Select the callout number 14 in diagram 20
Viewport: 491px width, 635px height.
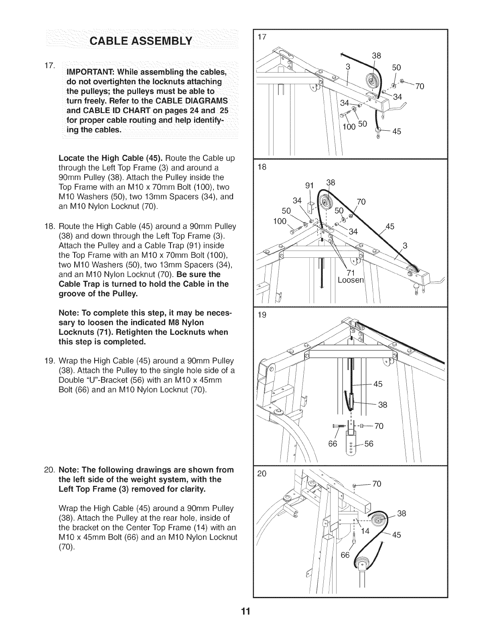[366, 532]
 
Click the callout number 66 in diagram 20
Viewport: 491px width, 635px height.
[345, 555]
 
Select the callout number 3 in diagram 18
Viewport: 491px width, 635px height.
[405, 246]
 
